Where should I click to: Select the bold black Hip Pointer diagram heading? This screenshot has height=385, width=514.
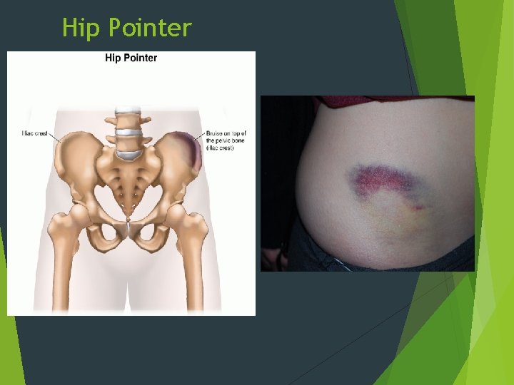tap(131, 58)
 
